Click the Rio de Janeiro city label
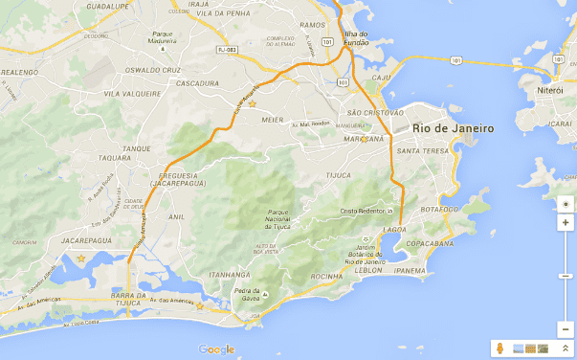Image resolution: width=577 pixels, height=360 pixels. click(x=453, y=128)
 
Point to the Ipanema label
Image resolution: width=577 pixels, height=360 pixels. click(x=410, y=271)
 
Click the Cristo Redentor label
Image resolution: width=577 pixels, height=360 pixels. click(x=366, y=211)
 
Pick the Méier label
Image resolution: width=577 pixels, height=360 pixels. click(x=274, y=121)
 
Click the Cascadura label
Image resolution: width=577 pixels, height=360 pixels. click(x=199, y=82)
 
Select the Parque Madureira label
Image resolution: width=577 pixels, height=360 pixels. click(x=162, y=38)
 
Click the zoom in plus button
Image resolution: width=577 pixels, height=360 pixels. click(x=566, y=222)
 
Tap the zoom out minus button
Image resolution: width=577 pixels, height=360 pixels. click(x=566, y=328)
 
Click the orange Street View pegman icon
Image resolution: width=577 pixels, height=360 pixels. click(x=499, y=349)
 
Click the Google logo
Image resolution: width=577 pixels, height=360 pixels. click(x=217, y=349)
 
